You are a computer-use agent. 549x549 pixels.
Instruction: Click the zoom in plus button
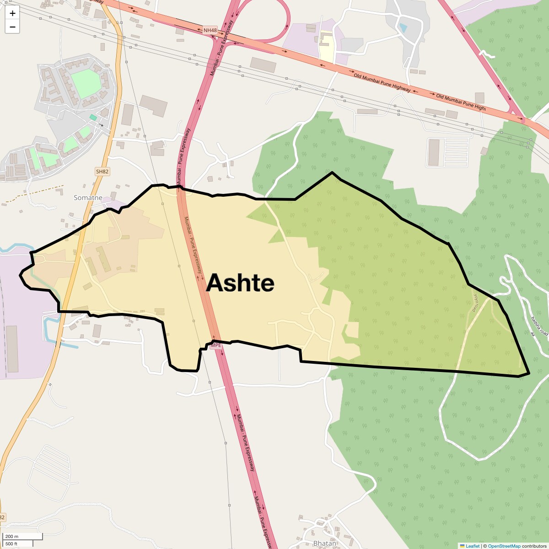12,13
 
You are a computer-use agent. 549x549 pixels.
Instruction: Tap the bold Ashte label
240,283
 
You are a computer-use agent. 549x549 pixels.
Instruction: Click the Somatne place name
88,198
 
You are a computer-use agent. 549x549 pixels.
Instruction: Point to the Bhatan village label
325,544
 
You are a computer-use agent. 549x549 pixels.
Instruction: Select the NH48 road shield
210,30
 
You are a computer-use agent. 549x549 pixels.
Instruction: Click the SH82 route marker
102,171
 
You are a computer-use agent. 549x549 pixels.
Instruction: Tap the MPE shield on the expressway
215,345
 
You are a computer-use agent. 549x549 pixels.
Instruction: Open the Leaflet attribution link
473,546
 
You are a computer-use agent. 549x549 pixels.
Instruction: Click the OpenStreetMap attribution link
504,546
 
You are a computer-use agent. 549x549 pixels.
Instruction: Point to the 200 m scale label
12,536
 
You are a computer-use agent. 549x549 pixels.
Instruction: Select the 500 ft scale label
11,544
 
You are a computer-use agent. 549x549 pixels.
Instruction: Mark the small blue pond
403,28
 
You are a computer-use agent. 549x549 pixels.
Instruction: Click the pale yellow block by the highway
326,46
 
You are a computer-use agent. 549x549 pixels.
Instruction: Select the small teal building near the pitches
93,118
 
